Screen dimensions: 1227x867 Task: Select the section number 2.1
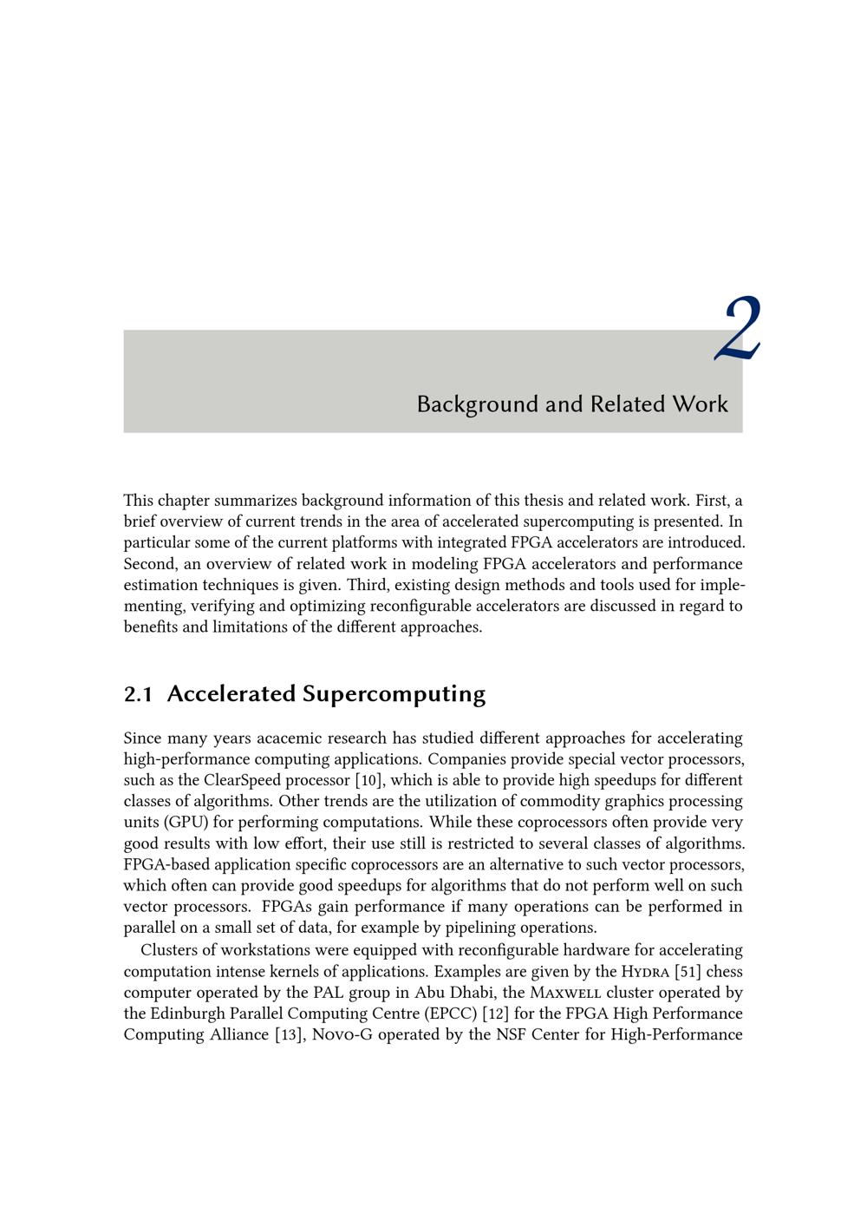(138, 694)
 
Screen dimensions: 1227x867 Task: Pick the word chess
(724, 972)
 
